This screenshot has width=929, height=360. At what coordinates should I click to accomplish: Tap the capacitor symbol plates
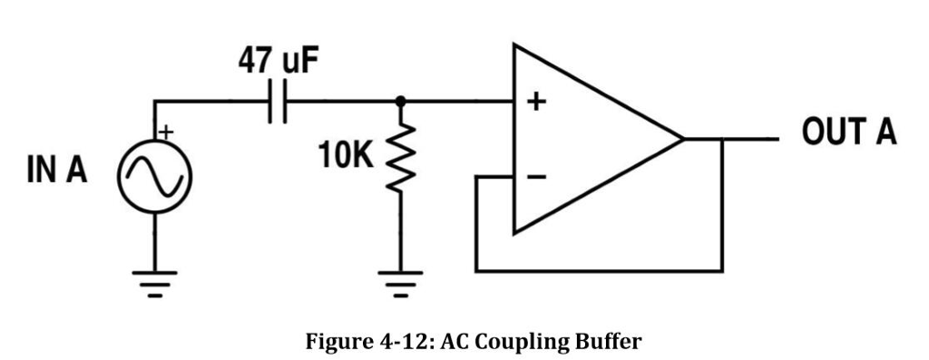pos(279,102)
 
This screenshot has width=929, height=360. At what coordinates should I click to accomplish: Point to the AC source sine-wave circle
pos(153,171)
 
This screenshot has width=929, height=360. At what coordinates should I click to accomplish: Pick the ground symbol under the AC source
pos(153,283)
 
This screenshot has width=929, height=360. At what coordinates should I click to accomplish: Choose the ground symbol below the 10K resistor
pos(399,283)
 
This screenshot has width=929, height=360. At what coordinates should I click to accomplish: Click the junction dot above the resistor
pos(399,102)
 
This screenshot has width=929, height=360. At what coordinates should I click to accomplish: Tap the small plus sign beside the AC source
pos(166,133)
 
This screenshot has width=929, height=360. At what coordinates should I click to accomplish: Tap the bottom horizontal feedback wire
pos(599,270)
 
